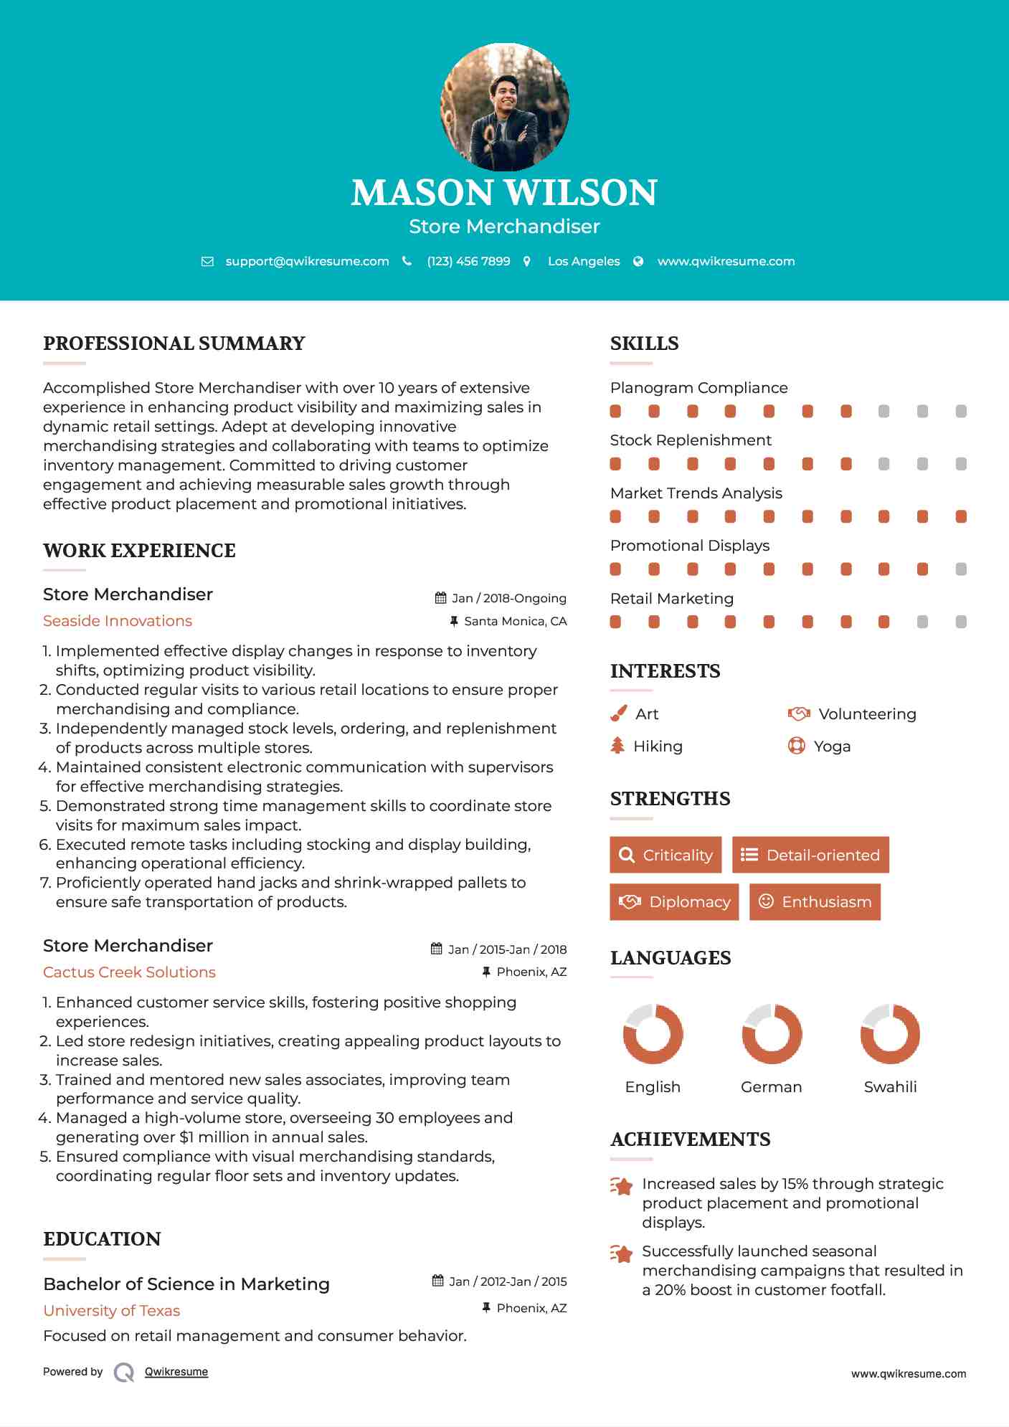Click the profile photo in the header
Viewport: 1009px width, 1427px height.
(x=504, y=107)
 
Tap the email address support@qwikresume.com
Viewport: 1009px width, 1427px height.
(x=307, y=261)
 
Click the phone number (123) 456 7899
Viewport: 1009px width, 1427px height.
(x=468, y=261)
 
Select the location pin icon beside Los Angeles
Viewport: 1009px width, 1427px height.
(x=527, y=262)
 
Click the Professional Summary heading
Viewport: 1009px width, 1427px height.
(x=174, y=343)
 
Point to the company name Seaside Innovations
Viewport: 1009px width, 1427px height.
(x=118, y=621)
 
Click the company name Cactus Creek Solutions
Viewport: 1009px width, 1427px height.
(x=129, y=972)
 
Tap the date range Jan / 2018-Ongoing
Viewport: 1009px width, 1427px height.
(x=508, y=598)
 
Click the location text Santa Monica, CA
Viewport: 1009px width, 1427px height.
(x=515, y=621)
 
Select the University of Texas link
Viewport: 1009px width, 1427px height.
(x=111, y=1311)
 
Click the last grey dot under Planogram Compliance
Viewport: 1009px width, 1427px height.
(x=961, y=412)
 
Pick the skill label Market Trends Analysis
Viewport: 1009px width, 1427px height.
(x=696, y=493)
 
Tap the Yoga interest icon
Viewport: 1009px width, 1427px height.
(x=796, y=746)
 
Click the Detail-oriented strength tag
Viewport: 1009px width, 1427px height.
(x=810, y=855)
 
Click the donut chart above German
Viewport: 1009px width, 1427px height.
(x=772, y=1034)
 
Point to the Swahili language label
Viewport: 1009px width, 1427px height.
(x=890, y=1087)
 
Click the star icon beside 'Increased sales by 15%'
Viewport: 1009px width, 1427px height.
(x=621, y=1186)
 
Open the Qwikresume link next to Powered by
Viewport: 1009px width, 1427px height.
(x=176, y=1372)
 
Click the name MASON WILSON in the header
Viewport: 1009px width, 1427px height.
(x=504, y=193)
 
